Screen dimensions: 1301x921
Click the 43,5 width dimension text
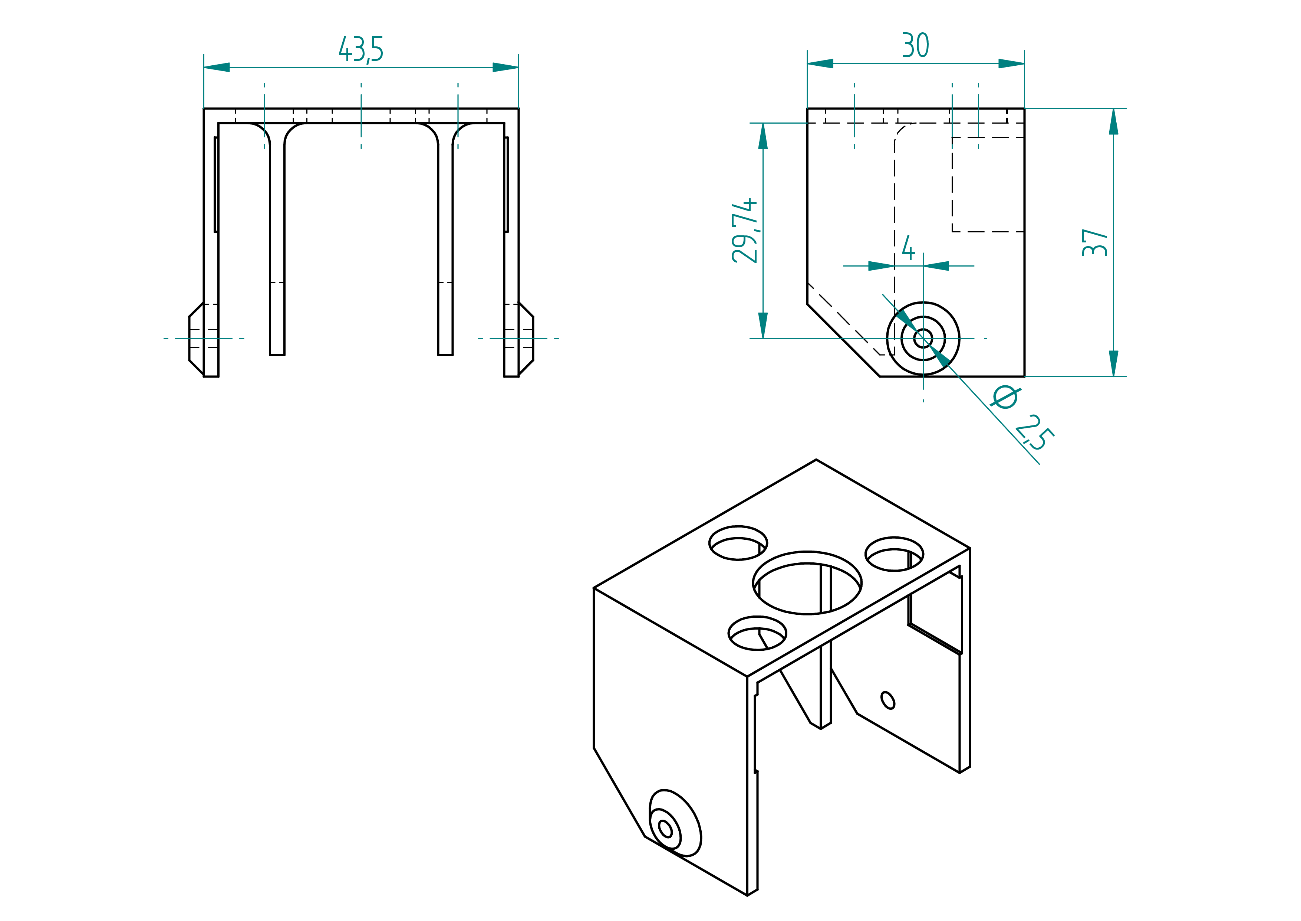[x=361, y=49]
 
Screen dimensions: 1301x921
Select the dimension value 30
[x=915, y=45]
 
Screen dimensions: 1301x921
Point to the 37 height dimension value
[x=1094, y=243]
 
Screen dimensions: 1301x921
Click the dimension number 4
[x=908, y=248]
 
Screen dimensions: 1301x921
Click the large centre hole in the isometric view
[x=807, y=582]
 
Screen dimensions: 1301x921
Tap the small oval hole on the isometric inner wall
[x=888, y=700]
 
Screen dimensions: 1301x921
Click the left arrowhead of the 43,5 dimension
[x=217, y=68]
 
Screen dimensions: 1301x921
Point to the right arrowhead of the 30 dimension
[x=1011, y=63]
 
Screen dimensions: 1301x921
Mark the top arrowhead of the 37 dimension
[x=1113, y=121]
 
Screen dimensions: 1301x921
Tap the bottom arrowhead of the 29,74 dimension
[x=763, y=326]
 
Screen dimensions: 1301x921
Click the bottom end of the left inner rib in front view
[x=277, y=355]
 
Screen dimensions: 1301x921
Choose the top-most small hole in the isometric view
[x=738, y=543]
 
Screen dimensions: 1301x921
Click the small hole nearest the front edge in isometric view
[x=757, y=633]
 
